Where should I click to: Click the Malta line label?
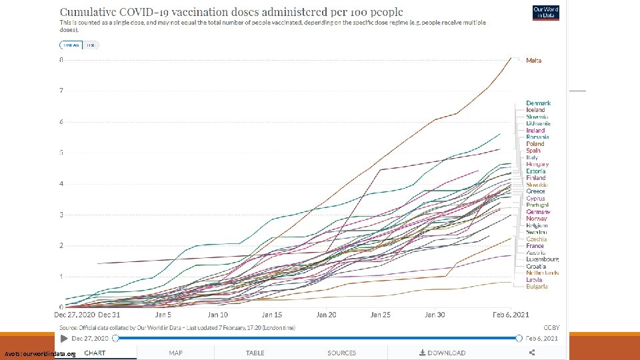pos(534,60)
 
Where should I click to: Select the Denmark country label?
pos(538,103)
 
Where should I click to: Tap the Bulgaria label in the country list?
pos(537,287)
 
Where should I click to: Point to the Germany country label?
pos(538,212)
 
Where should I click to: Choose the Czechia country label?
pos(537,239)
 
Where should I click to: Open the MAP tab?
pos(175,353)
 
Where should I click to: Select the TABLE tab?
pos(255,353)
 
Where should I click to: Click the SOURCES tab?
pos(341,353)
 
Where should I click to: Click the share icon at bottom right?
pos(531,353)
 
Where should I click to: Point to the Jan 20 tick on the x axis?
pos(326,315)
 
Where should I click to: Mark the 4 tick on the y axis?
pos(61,184)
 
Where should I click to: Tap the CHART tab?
pos(95,353)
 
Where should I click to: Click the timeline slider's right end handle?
pos(519,339)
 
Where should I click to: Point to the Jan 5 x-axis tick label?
pos(163,315)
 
